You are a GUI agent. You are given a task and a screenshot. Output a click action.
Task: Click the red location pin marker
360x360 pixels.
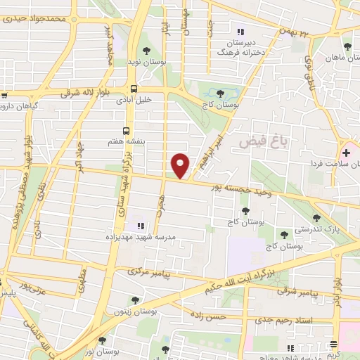point(181,165)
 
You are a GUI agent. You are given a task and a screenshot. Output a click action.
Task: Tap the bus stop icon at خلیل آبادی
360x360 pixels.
point(134,89)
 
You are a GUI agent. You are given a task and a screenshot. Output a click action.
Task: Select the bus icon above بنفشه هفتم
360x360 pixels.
point(127,130)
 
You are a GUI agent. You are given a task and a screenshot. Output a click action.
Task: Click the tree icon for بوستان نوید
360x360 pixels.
point(146,51)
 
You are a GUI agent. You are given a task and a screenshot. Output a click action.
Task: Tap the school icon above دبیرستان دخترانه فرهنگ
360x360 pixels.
point(240,32)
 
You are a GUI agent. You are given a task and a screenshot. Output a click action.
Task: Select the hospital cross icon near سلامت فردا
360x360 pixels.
point(346,152)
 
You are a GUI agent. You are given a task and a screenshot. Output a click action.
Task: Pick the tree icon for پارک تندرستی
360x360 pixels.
point(317,218)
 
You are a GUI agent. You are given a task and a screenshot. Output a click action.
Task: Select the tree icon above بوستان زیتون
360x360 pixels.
point(135,300)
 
